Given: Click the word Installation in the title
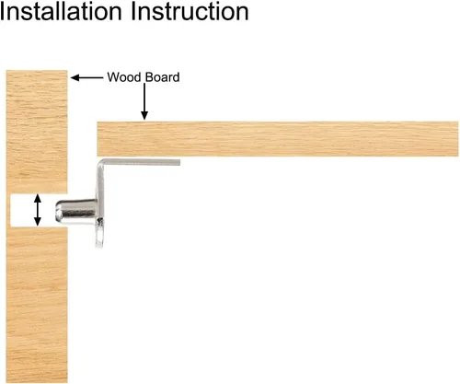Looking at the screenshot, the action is tap(61, 11).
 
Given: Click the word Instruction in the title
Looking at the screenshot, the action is tap(190, 11).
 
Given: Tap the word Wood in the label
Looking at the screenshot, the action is tap(124, 77).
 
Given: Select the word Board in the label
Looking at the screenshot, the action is tap(162, 77).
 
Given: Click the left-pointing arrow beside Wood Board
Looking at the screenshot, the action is tap(87, 77).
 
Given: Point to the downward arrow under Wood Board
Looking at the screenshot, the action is tap(144, 101).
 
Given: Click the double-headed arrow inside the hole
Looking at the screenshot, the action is tap(38, 210).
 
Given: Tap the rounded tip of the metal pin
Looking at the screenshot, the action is tap(58, 211).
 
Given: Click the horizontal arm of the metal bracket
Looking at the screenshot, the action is tap(141, 162).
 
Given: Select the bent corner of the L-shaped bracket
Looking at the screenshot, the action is tap(101, 163).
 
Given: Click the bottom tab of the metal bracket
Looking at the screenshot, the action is tap(99, 233).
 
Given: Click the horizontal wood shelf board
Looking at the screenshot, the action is tap(278, 139).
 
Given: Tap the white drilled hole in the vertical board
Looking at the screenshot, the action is tap(34, 211).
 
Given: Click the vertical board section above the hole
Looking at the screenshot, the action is tap(37, 132).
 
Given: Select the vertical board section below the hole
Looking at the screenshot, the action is tap(37, 306).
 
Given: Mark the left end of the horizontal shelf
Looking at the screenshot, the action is tap(98, 139).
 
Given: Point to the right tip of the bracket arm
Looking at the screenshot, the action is tap(179, 162).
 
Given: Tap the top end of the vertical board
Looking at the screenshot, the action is tap(37, 71).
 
